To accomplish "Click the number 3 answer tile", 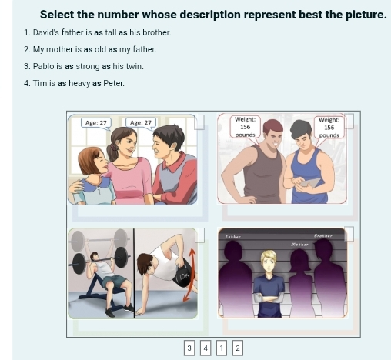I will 189,348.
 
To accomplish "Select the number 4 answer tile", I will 206,348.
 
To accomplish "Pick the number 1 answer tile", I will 222,348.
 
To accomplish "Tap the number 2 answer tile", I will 238,348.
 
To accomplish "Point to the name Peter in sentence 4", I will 113,83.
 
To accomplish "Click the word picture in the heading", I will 361,15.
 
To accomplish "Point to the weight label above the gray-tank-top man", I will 245,127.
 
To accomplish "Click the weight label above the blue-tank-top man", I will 329,127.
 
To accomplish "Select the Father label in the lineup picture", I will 233,237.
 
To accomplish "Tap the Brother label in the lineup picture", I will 323,237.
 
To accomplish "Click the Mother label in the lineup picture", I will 299,244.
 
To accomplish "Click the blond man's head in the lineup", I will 268,259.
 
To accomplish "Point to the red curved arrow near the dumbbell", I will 191,268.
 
